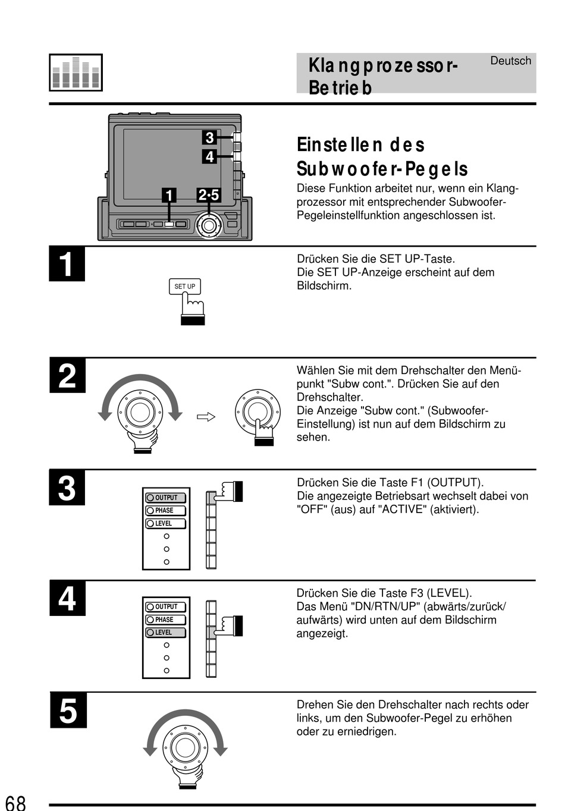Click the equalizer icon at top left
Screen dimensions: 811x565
point(76,73)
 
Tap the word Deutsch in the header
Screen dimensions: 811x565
point(510,61)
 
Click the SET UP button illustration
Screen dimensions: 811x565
point(184,287)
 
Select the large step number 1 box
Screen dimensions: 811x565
point(67,264)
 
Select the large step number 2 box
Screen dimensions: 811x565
point(67,376)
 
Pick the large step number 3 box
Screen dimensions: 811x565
point(67,488)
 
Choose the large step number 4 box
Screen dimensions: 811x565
point(67,598)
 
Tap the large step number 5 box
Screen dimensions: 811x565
point(68,710)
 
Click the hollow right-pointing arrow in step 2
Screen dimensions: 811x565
point(206,417)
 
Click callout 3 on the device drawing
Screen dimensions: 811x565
point(209,138)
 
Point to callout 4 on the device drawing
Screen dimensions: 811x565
point(209,157)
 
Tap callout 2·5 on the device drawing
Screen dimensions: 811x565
point(209,195)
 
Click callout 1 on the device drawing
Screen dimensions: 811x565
point(169,195)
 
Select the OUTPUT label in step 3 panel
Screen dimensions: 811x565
point(166,498)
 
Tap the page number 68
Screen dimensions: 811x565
point(15,803)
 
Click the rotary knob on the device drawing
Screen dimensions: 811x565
point(209,225)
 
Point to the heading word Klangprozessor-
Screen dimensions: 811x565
point(383,65)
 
